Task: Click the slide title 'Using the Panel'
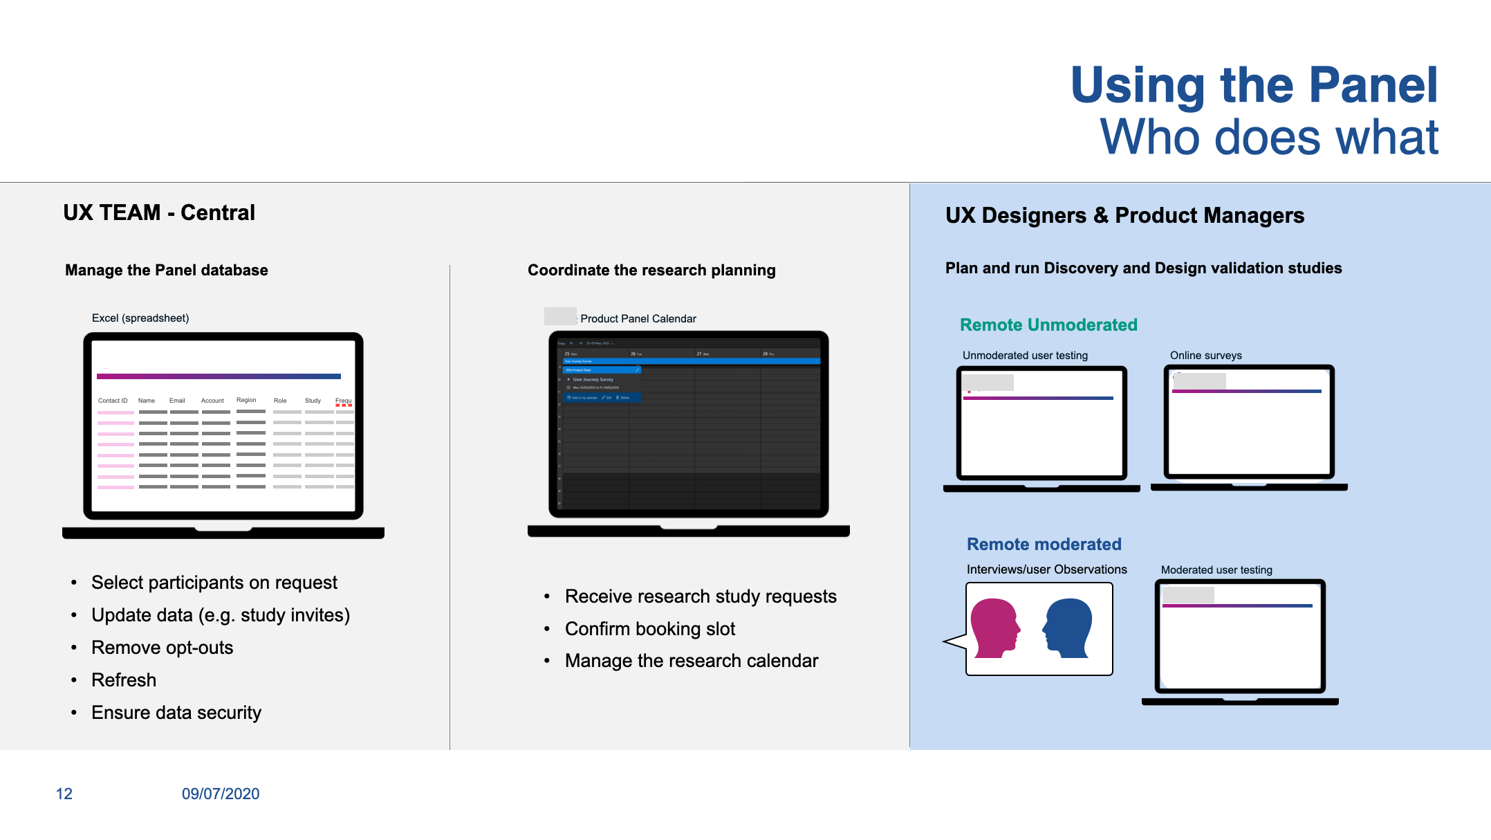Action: pyautogui.click(x=1253, y=85)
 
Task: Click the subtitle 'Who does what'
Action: pyautogui.click(x=1269, y=137)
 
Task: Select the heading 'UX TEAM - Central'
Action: pyautogui.click(x=159, y=212)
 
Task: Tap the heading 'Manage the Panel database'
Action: pyautogui.click(x=166, y=270)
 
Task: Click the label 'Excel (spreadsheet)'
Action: pyautogui.click(x=140, y=318)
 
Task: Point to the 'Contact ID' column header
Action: pyautogui.click(x=113, y=401)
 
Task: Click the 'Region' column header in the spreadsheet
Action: pyautogui.click(x=246, y=400)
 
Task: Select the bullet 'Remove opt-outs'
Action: pyautogui.click(x=162, y=648)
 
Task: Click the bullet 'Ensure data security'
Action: pyautogui.click(x=176, y=713)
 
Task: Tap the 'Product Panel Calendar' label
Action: pyautogui.click(x=638, y=318)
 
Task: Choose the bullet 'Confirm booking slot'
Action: pyautogui.click(x=649, y=629)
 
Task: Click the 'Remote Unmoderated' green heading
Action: pyautogui.click(x=1048, y=325)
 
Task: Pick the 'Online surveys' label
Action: pyautogui.click(x=1205, y=356)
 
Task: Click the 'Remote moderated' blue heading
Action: pyautogui.click(x=1044, y=545)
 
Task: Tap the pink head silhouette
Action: pyautogui.click(x=994, y=627)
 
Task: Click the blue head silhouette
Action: pyautogui.click(x=1068, y=627)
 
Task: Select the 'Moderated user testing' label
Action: pyautogui.click(x=1216, y=570)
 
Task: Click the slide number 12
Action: pyautogui.click(x=64, y=794)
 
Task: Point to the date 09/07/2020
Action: pyautogui.click(x=221, y=794)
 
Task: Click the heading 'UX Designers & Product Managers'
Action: pyautogui.click(x=1124, y=215)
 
